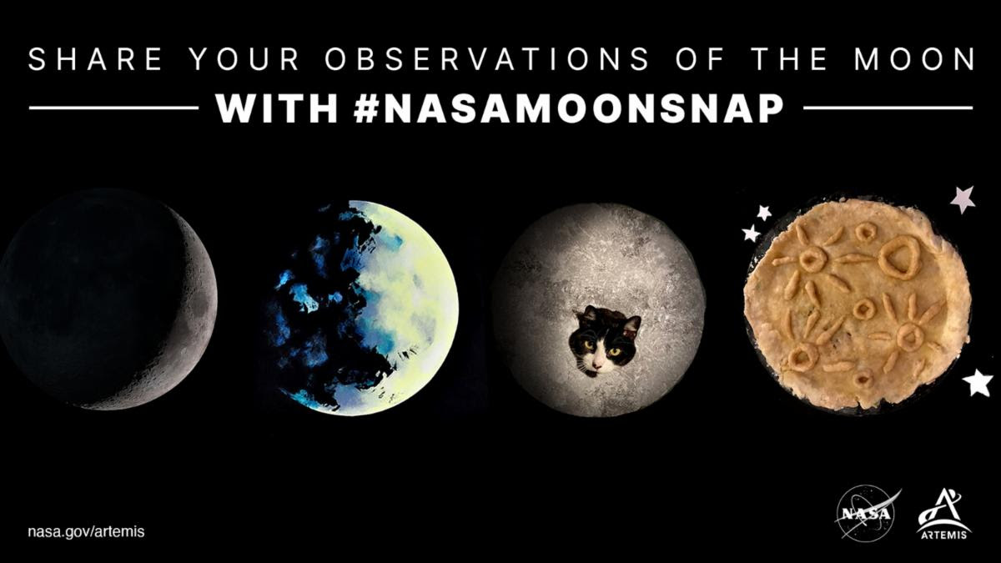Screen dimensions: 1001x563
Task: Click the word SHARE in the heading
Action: [96, 59]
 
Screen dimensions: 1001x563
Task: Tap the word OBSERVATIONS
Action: [486, 59]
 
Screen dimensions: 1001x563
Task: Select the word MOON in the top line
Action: [914, 59]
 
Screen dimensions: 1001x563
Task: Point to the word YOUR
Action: [244, 59]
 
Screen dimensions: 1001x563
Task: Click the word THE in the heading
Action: [789, 59]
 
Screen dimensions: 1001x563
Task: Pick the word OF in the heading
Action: [700, 59]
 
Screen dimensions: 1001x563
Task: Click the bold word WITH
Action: [277, 108]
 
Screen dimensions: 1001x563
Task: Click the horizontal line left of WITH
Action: [113, 108]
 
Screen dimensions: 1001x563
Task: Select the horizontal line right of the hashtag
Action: [888, 108]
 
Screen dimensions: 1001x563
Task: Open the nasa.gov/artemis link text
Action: [86, 532]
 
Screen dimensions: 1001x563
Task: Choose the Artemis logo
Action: [943, 514]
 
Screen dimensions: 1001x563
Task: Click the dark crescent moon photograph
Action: [108, 299]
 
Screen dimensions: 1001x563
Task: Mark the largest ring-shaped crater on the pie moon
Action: [899, 257]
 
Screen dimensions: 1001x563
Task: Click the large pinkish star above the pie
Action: [963, 199]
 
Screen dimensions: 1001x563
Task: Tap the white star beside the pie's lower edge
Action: [978, 383]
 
